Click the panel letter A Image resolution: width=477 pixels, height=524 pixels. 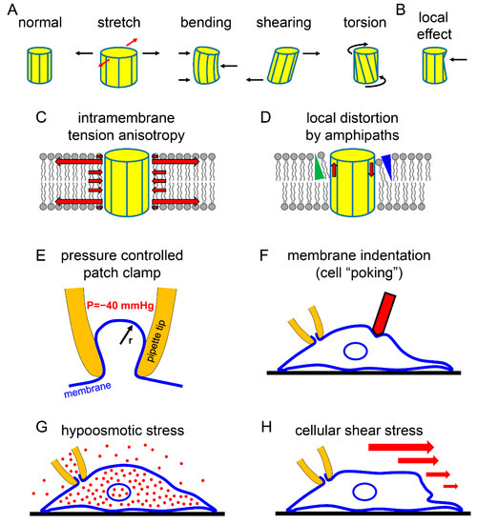point(10,9)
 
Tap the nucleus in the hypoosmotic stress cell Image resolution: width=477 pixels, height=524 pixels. point(119,494)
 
